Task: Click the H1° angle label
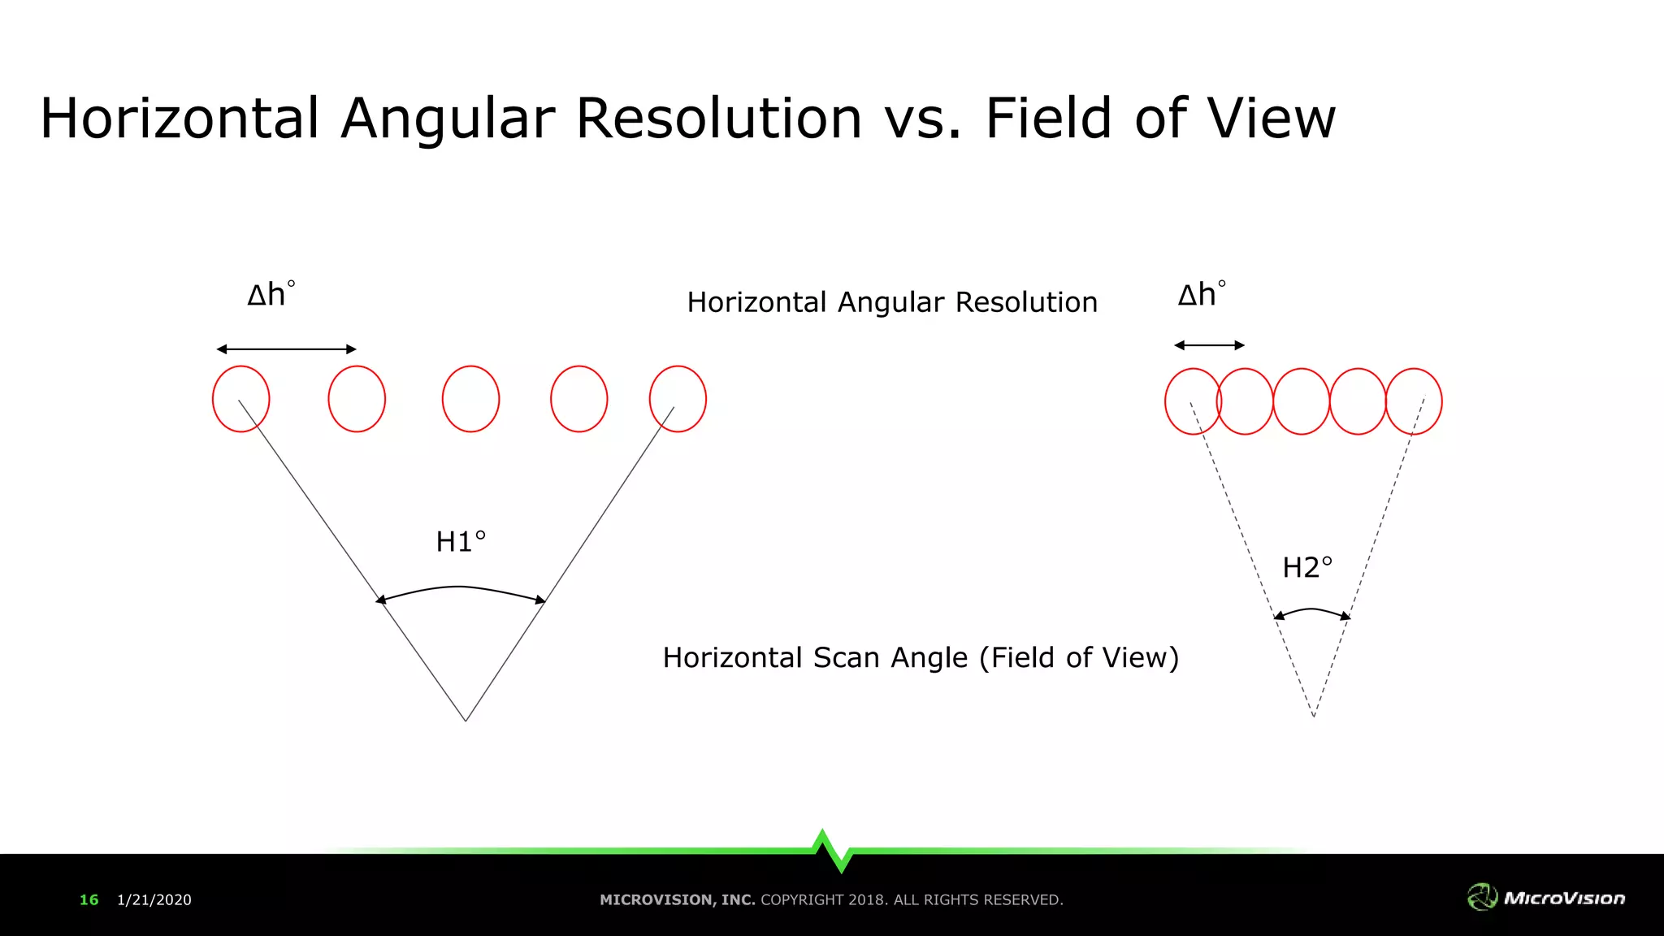click(x=461, y=542)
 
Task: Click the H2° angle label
click(x=1307, y=567)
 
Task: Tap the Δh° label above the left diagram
click(x=271, y=294)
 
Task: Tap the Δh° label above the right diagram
click(x=1202, y=294)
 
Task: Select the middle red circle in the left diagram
click(x=470, y=399)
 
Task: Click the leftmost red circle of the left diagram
click(x=240, y=399)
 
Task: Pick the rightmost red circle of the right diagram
click(x=1414, y=401)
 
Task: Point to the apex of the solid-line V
click(x=466, y=720)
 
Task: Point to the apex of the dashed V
click(x=1313, y=716)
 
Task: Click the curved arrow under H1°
click(x=460, y=587)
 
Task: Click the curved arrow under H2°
click(x=1311, y=610)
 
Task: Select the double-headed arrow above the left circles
click(x=286, y=349)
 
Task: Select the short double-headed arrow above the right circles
click(x=1209, y=345)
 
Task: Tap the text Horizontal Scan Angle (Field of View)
click(x=921, y=657)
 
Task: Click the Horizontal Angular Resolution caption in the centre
click(x=892, y=302)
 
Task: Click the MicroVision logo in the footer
click(x=1545, y=897)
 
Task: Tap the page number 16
click(x=89, y=899)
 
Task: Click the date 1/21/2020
click(x=154, y=899)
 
